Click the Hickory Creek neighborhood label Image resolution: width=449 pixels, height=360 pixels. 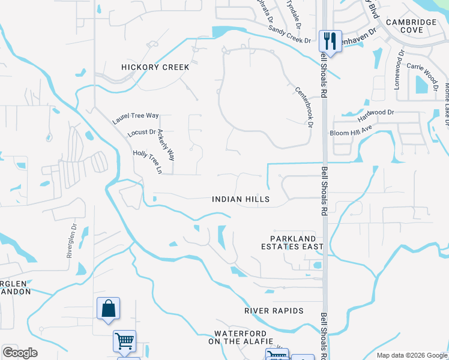155,67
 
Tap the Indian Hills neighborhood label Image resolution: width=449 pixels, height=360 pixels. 241,199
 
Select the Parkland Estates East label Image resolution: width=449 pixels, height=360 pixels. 292,242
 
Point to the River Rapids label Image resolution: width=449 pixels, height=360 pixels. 274,311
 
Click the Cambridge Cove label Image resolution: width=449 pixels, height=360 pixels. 411,26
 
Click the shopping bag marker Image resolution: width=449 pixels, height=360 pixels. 108,308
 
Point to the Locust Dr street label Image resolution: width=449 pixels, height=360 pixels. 142,133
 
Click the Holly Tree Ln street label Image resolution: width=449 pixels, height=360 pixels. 148,163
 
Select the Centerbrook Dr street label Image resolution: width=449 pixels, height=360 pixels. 305,107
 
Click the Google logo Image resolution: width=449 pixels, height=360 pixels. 20,353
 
